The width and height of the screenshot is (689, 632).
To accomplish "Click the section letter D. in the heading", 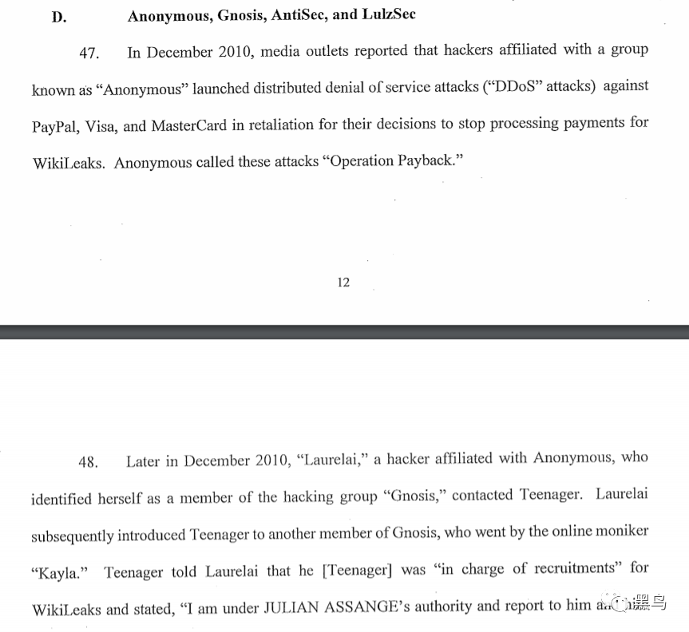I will [59, 16].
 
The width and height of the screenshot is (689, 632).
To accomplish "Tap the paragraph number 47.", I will [89, 53].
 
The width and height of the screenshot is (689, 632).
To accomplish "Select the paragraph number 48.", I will [88, 462].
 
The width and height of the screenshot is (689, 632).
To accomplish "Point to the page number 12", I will [343, 282].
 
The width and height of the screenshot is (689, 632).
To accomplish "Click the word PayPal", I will [54, 125].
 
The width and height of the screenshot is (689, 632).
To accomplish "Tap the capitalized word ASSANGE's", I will [373, 607].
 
